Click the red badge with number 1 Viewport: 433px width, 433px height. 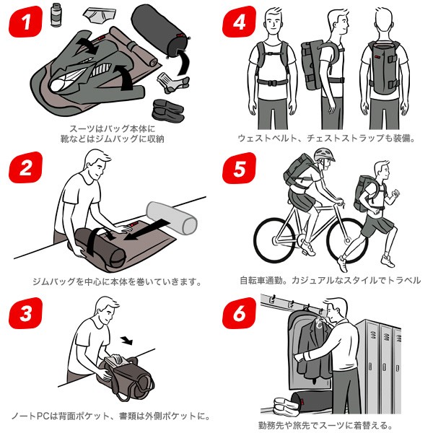tap(26, 22)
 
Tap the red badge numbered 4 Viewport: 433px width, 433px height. tap(239, 22)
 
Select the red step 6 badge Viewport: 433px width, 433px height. tap(239, 313)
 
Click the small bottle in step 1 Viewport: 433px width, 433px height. tap(56, 15)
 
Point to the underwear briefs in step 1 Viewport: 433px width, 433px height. tap(100, 16)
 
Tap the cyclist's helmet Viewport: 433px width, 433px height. tap(324, 154)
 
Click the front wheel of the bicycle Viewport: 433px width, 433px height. tap(347, 240)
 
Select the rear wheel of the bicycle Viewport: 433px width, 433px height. tap(274, 240)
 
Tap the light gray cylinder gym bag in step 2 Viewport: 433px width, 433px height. tap(172, 218)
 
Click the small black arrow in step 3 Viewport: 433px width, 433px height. tap(127, 341)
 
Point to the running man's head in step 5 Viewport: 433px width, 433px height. tap(381, 170)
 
